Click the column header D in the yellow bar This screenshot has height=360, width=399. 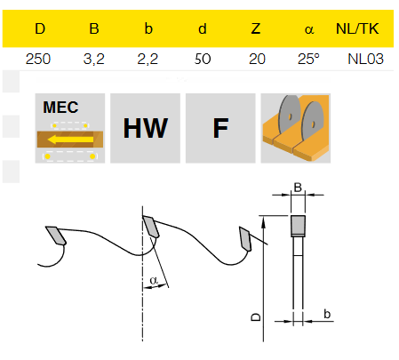click(40, 28)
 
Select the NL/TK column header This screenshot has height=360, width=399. click(357, 28)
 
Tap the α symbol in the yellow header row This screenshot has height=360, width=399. click(309, 29)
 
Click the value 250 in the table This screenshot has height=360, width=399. click(38, 59)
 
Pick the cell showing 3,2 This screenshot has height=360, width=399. click(93, 60)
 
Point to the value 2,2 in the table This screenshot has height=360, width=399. click(148, 60)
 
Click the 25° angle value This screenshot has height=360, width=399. click(308, 59)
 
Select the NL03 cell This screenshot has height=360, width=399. click(365, 59)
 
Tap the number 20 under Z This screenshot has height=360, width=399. click(257, 59)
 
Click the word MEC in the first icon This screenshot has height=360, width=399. click(60, 108)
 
